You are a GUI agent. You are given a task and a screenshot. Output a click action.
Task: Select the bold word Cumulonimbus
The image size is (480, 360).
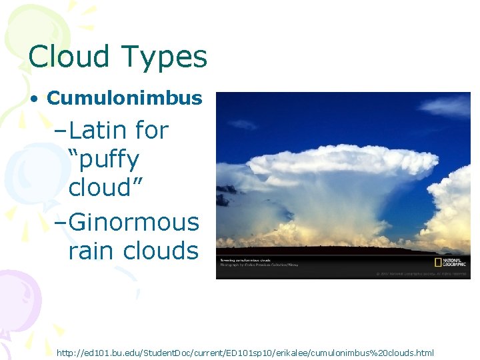click(125, 99)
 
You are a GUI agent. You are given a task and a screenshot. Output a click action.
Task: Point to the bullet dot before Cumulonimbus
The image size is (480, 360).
click(33, 99)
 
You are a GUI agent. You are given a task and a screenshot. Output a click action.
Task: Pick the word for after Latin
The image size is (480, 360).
click(152, 130)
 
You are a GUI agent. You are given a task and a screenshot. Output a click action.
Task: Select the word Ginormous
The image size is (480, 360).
click(133, 221)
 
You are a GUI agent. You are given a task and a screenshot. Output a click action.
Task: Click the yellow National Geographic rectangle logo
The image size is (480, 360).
click(439, 262)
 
